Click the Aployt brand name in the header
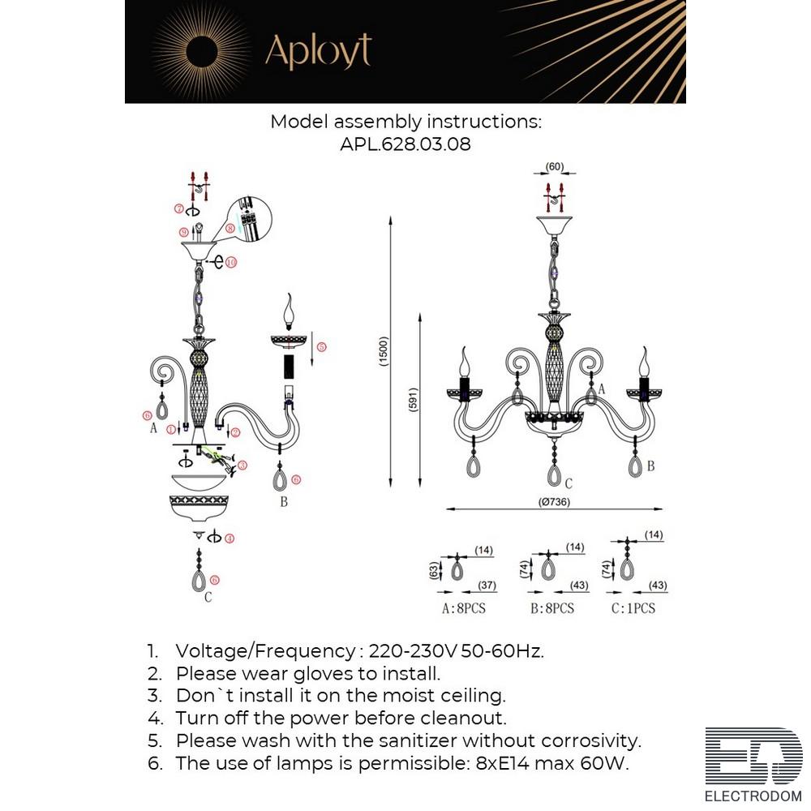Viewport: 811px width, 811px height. tap(318, 52)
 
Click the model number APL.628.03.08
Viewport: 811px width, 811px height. tap(405, 144)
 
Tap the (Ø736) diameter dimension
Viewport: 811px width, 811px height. tap(553, 502)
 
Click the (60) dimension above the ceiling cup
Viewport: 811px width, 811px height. tap(556, 167)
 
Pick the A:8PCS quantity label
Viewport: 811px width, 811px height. tap(463, 607)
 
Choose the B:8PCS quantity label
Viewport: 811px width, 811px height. tap(551, 607)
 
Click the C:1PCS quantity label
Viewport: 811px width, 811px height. tap(633, 607)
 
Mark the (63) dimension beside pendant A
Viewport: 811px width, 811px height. tap(435, 570)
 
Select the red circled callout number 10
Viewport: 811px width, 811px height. tap(231, 262)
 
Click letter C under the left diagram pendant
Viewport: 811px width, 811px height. tap(208, 598)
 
